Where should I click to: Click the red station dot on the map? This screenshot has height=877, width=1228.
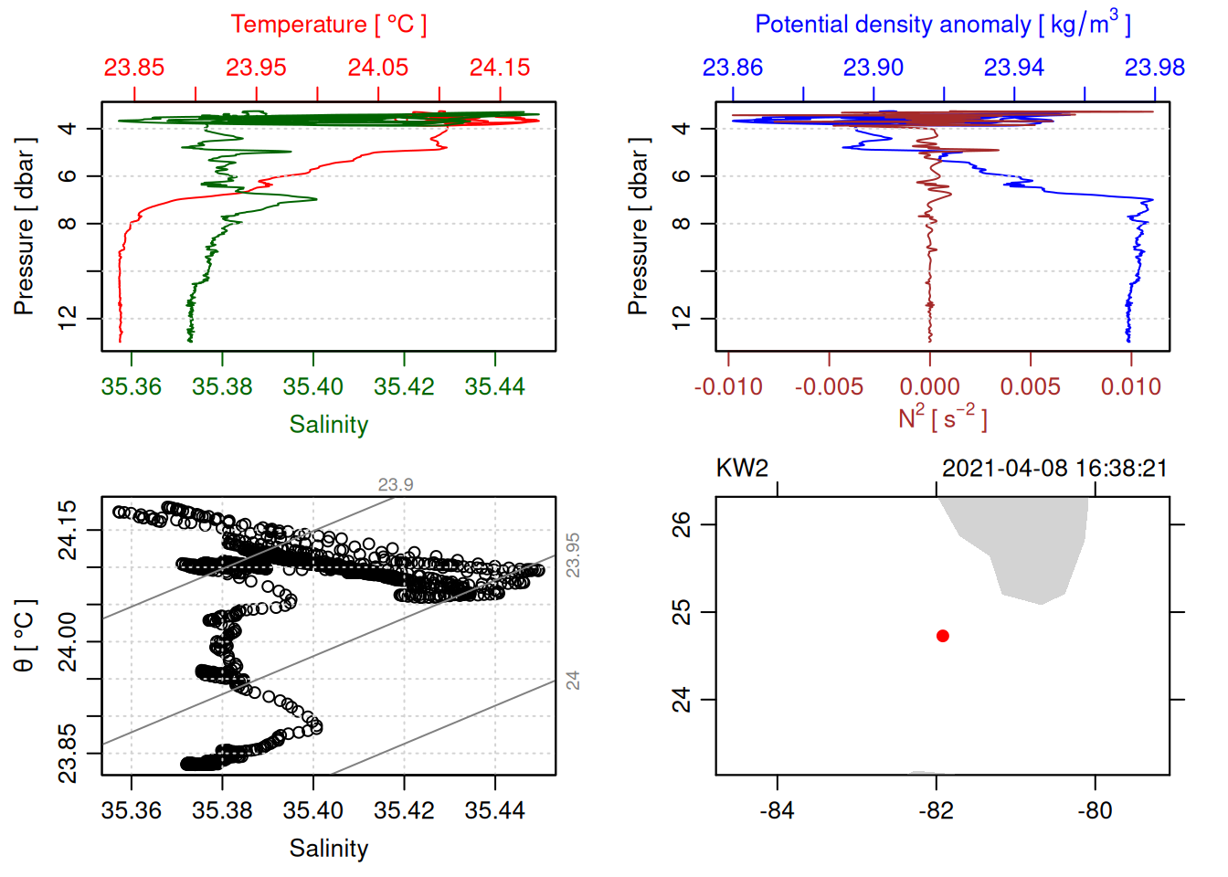coord(942,636)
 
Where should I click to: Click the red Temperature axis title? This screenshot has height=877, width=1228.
coord(328,25)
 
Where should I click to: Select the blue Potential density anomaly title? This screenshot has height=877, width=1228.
coord(942,25)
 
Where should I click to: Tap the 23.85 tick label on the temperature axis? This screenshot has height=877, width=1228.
coord(133,68)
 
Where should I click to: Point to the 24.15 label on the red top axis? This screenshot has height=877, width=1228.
coord(500,68)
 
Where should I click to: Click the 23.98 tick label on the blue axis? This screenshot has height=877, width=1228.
coord(1154,68)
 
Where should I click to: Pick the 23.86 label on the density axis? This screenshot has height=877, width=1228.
coord(732,68)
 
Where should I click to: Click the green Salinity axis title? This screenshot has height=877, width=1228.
coord(328,425)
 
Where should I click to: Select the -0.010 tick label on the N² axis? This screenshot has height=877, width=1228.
coord(728,387)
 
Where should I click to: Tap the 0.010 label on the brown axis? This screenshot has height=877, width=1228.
coord(1131,387)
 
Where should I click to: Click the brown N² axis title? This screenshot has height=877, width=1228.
coord(942,418)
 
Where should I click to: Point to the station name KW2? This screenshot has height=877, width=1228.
coord(742,469)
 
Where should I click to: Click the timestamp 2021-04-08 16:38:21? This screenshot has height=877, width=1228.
coord(1054,469)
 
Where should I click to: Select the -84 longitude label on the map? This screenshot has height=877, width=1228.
coord(777,810)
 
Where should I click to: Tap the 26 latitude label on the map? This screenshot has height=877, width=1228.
coord(682,524)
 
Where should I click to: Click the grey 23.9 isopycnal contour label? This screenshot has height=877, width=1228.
coord(396,485)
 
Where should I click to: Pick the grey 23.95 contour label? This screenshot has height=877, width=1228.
coord(573,555)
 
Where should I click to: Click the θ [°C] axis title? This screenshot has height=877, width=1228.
coord(25,636)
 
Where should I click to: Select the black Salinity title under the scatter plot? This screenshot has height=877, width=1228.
coord(328,849)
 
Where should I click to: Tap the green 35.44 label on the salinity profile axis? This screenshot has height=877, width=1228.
coord(494,387)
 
